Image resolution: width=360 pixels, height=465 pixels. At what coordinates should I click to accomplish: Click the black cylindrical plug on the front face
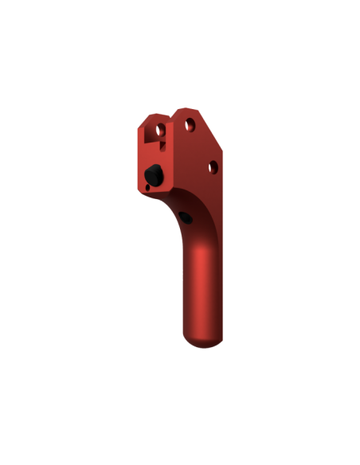coord(152,174)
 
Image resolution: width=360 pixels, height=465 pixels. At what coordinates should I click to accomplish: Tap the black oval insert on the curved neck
coord(185,216)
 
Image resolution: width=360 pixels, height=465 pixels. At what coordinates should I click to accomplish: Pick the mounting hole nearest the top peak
coord(190,124)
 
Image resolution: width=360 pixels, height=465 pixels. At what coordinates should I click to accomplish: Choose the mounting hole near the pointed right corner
coord(213,166)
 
